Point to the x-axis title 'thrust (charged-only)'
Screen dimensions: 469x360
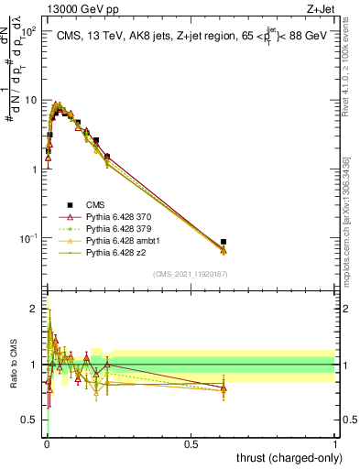(286, 456)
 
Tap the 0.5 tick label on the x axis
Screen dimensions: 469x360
(191, 442)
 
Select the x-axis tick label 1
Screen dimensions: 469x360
(335, 442)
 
